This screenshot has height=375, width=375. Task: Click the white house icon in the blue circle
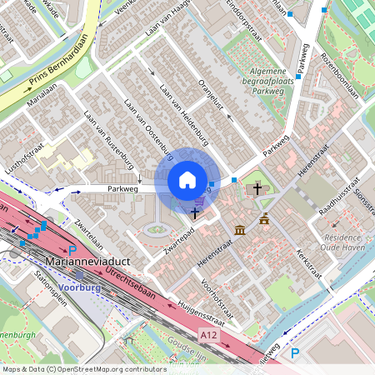[x=187, y=180]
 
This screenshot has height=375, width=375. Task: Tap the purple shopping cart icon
[x=198, y=200]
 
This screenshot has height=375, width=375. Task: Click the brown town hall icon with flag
[x=264, y=219]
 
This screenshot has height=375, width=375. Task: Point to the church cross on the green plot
[x=257, y=189]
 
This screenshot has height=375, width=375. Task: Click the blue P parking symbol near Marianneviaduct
[x=72, y=250]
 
